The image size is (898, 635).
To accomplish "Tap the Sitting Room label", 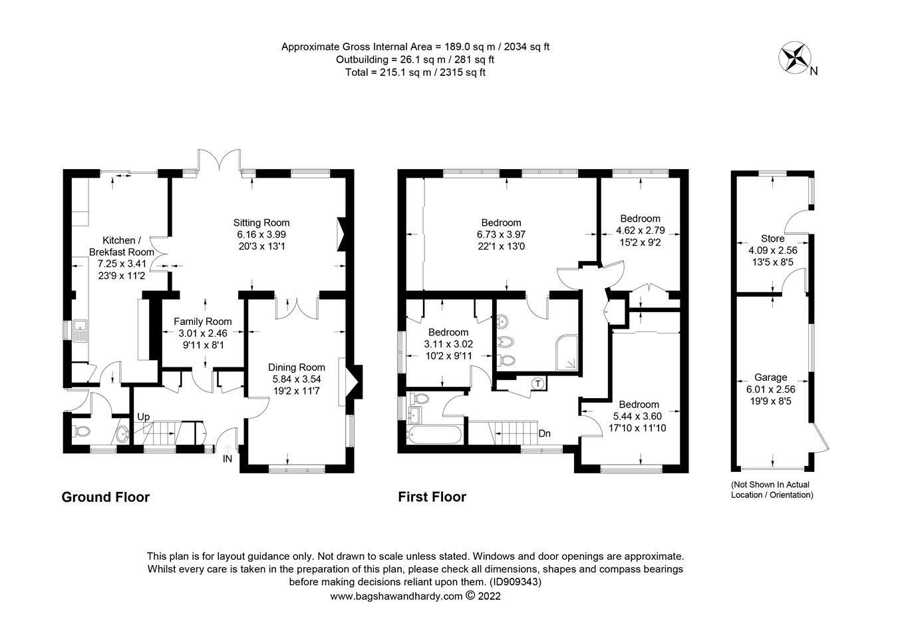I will tap(261, 222).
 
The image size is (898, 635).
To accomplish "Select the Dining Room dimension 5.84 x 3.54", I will tap(297, 379).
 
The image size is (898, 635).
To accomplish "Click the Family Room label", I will tap(203, 321).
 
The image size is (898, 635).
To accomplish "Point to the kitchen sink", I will tap(80, 330).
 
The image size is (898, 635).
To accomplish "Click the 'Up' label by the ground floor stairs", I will tap(143, 417).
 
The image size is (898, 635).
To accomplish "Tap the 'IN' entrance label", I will tap(227, 459).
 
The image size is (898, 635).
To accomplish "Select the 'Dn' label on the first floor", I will tap(544, 433).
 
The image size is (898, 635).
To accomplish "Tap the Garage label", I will tap(770, 377).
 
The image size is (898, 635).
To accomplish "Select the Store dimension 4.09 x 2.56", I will tap(772, 250).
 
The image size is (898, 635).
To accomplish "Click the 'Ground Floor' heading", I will tap(105, 497).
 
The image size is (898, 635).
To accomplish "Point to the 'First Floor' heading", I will tap(432, 497).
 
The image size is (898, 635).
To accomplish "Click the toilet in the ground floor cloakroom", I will tap(81, 431).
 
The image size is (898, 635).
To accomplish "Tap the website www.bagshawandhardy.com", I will tap(396, 596).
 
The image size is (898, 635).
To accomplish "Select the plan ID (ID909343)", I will tap(516, 582).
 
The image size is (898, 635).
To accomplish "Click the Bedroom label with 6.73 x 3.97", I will tap(501, 223).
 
